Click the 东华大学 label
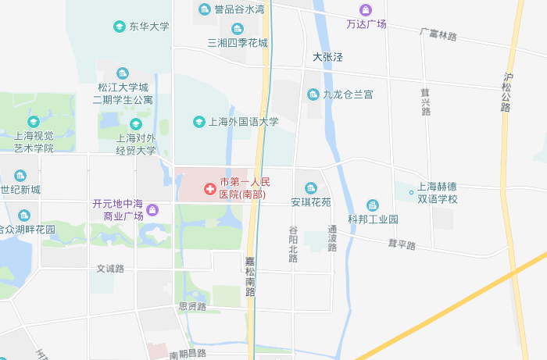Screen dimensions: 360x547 point(148,27)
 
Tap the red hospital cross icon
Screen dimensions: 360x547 point(209,188)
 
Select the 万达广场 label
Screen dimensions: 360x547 point(366,24)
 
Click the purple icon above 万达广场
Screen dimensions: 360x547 point(366,9)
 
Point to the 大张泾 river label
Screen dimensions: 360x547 point(328,57)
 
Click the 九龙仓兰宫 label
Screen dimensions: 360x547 point(348,94)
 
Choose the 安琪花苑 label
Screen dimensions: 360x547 point(311,201)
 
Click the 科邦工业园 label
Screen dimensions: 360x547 point(374,219)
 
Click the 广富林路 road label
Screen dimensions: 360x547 point(438,36)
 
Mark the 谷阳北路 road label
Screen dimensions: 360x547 point(293,244)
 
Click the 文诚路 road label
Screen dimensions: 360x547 point(110,269)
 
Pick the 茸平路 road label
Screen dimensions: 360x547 point(402,245)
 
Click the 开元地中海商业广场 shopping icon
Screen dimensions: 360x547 point(152,209)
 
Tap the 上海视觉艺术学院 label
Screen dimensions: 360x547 point(34,141)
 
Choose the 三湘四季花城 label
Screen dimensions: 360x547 point(238,43)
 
